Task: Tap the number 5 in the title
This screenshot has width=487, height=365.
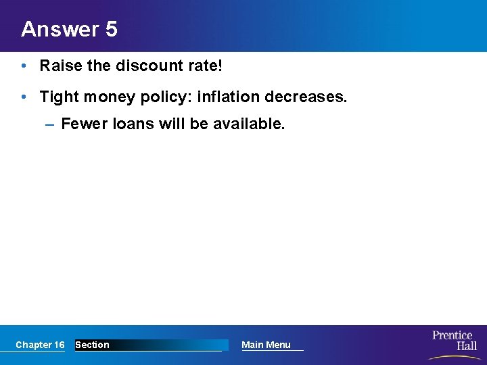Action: point(111,29)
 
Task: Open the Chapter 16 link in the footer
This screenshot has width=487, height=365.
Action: point(40,345)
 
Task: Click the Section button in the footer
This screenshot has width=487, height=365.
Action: point(92,345)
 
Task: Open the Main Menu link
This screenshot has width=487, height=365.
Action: point(266,345)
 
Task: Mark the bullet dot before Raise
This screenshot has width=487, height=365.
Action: point(24,66)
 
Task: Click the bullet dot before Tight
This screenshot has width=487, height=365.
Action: point(24,97)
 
